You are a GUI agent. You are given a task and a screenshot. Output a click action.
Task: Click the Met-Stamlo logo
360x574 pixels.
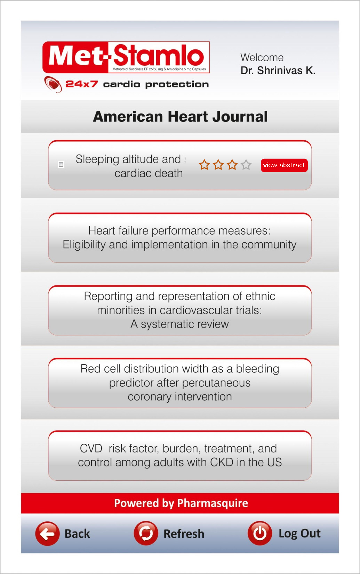pos(126,57)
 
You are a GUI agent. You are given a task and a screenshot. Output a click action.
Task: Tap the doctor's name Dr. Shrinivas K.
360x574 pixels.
pos(278,71)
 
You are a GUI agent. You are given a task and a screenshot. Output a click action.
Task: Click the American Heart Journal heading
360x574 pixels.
pos(180,117)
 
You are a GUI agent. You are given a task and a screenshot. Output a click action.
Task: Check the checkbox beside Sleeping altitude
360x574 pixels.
pos(61,164)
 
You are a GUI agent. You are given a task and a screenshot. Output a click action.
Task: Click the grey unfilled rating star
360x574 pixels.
pos(246,165)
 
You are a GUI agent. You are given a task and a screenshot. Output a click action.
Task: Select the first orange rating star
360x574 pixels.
pos(204,165)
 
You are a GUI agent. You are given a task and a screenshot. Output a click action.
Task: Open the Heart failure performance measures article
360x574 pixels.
pos(179,238)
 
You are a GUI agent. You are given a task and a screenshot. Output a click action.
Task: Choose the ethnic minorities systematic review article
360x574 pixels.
pos(179,310)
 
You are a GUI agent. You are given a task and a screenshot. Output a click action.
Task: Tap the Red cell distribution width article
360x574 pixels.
pos(179,383)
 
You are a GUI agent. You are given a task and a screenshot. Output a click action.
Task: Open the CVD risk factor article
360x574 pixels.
pos(179,455)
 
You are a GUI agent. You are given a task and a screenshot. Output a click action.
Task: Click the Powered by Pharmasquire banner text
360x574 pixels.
pos(181,503)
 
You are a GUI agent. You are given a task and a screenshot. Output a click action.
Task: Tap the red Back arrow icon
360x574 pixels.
pos(47,533)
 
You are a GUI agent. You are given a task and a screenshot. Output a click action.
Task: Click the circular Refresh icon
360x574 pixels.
pos(146,533)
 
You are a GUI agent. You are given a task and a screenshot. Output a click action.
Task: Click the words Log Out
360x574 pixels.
pos(299,533)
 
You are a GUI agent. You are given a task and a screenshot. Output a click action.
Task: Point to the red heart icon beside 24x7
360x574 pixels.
pos(53,84)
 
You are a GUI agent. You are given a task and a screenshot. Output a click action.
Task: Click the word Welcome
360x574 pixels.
pos(262,57)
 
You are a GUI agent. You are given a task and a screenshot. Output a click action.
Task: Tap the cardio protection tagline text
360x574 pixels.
pos(156,84)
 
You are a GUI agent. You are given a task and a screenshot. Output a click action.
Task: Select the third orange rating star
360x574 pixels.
pos(232,165)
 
